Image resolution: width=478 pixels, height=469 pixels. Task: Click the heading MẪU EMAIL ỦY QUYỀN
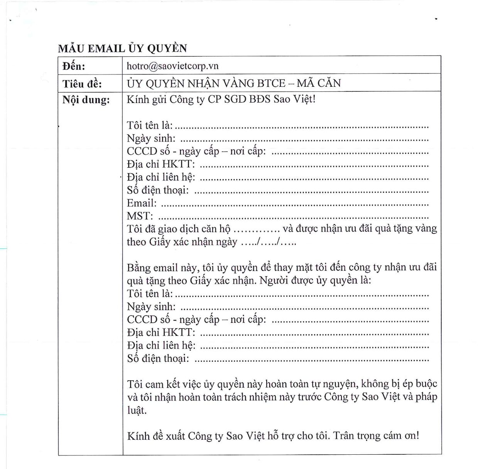(x=122, y=49)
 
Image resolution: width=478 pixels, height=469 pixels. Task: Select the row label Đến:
(x=74, y=66)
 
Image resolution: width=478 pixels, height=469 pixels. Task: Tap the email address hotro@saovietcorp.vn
(x=172, y=66)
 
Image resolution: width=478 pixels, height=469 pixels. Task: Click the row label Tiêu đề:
(x=82, y=84)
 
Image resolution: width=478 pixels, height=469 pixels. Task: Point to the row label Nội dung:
(x=86, y=100)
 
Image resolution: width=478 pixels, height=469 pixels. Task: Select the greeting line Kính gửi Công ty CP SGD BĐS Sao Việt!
(x=221, y=99)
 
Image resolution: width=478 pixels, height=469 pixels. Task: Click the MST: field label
(x=140, y=216)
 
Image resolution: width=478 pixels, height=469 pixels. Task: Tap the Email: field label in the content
(x=142, y=203)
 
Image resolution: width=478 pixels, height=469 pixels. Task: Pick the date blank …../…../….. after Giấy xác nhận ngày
(x=269, y=242)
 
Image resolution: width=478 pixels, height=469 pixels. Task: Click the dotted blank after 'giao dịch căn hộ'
(x=257, y=229)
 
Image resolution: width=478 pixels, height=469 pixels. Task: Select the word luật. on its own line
(x=137, y=410)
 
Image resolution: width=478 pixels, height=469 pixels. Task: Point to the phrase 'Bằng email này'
(x=162, y=268)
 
